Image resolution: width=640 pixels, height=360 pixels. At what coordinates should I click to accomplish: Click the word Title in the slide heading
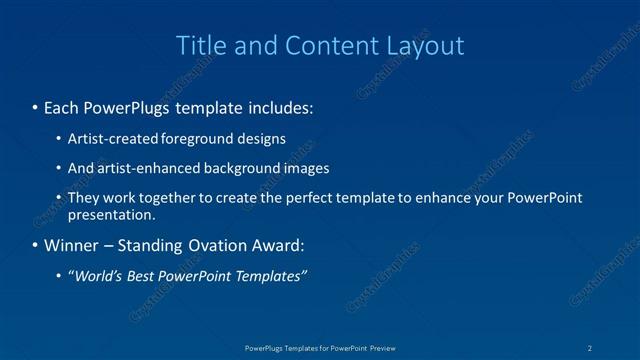point(200,46)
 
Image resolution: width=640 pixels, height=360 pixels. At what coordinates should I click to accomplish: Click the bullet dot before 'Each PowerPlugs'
point(35,105)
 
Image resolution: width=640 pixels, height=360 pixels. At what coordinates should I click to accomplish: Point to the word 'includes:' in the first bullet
point(280,105)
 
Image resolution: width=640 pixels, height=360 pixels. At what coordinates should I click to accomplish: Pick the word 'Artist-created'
point(110,139)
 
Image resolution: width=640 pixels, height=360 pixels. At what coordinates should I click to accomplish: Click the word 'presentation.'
point(111,215)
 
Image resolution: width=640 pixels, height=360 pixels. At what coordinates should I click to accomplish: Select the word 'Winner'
point(71,245)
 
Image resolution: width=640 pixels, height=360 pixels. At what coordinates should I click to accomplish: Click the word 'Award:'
point(276,245)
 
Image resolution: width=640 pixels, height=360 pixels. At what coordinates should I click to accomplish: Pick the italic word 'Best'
point(141,276)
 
